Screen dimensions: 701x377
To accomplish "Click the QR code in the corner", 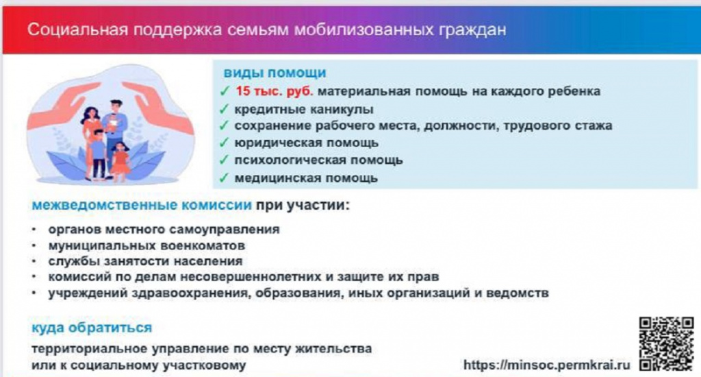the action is pos(666,343).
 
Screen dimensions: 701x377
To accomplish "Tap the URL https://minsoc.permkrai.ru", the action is pos(546,365).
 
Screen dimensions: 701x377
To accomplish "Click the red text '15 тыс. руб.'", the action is pos(274,91).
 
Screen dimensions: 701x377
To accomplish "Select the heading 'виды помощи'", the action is pos(275,73).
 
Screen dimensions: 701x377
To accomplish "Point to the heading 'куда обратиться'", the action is pos(92,328).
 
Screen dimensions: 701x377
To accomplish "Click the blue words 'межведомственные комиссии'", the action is pos(142,206).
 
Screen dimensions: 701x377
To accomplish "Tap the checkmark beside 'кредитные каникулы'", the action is pos(224,109).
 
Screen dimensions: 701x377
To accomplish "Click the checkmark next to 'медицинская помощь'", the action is pos(224,178).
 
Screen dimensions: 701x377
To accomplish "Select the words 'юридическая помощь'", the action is pos(306,143).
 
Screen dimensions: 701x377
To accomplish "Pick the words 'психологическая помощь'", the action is pos(318,160).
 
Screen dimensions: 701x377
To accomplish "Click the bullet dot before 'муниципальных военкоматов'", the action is pos(34,246).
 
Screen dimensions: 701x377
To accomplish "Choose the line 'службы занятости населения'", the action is pos(145,261).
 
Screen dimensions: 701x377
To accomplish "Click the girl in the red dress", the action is pos(120,161).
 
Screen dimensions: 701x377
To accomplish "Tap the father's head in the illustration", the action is pos(116,106).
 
